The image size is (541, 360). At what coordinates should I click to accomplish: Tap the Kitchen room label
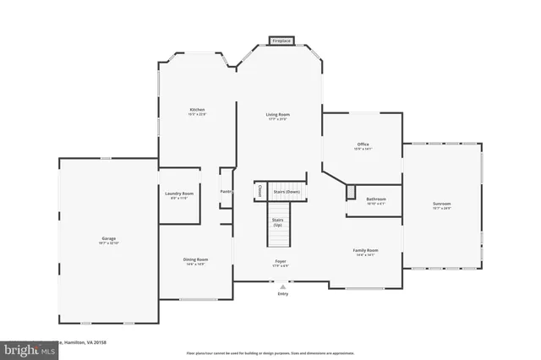coord(197,111)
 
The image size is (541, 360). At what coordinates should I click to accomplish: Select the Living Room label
coord(278,117)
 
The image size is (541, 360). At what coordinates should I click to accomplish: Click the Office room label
coord(363,146)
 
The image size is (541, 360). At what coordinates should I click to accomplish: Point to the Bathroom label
coord(376,200)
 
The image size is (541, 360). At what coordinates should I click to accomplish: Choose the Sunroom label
coord(442,204)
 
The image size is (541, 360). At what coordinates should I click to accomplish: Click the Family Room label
coord(365,251)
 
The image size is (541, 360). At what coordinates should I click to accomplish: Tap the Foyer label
coord(280,263)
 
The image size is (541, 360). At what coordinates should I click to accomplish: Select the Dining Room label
coord(195,260)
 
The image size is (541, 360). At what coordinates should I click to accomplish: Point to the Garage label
coord(109,240)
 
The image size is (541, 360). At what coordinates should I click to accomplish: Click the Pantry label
coord(226,192)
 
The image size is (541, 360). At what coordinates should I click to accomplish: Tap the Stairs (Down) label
coord(287,192)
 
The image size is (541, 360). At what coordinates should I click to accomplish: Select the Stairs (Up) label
coord(277,223)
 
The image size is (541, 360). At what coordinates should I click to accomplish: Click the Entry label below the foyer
coord(282,293)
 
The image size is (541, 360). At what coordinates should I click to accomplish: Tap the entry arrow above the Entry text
coord(282,286)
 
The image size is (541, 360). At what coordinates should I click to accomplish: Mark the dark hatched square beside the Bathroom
coord(351,193)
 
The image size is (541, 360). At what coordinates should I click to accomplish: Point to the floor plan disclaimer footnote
coord(270,353)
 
